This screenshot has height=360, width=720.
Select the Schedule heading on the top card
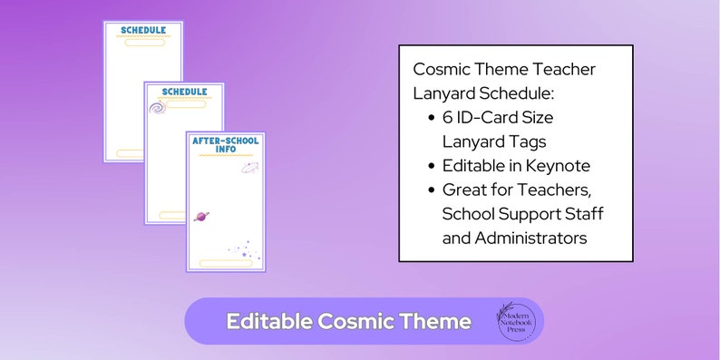(x=143, y=30)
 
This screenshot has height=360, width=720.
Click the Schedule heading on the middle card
(x=184, y=92)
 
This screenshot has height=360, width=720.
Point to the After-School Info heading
(x=225, y=144)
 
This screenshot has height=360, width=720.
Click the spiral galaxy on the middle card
(x=158, y=108)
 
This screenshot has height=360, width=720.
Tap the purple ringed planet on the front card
(x=201, y=217)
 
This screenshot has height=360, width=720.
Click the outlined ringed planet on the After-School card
(x=249, y=167)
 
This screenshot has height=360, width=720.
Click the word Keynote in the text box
(x=559, y=166)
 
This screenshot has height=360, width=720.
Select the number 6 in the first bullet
(x=447, y=118)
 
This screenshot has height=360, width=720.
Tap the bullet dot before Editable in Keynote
(x=430, y=166)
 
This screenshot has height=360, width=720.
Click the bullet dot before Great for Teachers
(x=430, y=190)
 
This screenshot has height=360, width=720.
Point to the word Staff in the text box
(x=583, y=214)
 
